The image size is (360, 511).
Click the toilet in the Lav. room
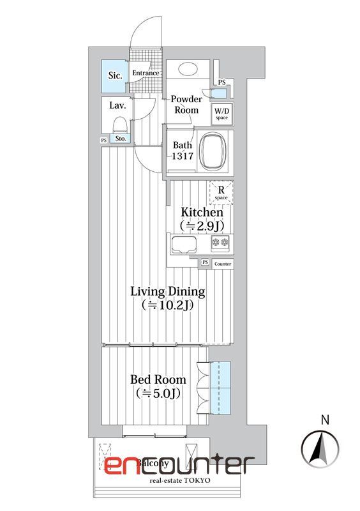[x=119, y=125]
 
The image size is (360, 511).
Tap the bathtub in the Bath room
[x=213, y=151]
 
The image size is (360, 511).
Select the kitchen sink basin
[x=184, y=245]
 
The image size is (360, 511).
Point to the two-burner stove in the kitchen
[x=220, y=243]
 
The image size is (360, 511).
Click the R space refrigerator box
[x=221, y=193]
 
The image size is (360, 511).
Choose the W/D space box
[x=222, y=114]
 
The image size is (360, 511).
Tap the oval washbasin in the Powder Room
[x=188, y=69]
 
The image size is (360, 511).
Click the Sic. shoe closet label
[x=115, y=75]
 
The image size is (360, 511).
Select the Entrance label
[x=146, y=73]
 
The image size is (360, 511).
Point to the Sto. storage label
[x=121, y=139]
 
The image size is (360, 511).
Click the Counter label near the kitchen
[x=223, y=264]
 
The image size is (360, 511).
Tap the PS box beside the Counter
[x=205, y=262]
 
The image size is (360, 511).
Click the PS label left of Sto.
[x=104, y=141]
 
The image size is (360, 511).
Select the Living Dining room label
[x=168, y=291]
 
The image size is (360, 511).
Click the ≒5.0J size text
[x=158, y=393]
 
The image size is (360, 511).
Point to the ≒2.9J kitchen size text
[x=202, y=225]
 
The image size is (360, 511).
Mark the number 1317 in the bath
[x=183, y=156]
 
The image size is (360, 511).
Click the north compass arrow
[x=320, y=448]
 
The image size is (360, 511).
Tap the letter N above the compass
[x=325, y=420]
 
